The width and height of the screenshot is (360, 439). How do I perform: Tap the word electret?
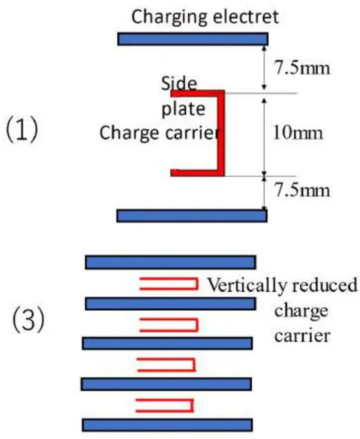click(x=246, y=17)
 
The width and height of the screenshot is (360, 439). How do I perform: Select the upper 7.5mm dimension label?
click(x=302, y=68)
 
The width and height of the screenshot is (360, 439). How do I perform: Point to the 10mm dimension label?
click(x=298, y=133)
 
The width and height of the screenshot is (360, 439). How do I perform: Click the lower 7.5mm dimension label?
click(x=302, y=191)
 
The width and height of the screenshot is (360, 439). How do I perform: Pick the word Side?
click(x=179, y=83)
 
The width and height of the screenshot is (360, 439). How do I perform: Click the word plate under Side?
click(x=184, y=109)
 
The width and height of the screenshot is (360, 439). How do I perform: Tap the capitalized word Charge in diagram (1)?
click(x=130, y=133)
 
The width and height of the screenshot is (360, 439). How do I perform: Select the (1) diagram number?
click(x=22, y=130)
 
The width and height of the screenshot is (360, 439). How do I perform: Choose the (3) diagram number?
click(x=28, y=320)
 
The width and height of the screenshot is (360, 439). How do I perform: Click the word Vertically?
click(x=247, y=286)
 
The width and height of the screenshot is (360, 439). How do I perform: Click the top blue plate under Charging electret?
click(x=193, y=39)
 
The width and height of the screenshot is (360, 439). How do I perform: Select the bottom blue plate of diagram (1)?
click(x=192, y=216)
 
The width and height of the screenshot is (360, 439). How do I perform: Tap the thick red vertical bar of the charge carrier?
click(x=221, y=134)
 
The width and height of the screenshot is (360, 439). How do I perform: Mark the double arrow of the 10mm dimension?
click(x=264, y=137)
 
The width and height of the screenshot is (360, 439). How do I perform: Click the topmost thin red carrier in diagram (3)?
click(x=169, y=284)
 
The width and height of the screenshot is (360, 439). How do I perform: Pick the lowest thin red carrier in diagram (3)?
click(x=164, y=406)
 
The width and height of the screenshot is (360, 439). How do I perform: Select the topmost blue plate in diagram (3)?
click(x=170, y=263)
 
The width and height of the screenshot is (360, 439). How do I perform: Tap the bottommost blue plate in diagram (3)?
click(x=167, y=425)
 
